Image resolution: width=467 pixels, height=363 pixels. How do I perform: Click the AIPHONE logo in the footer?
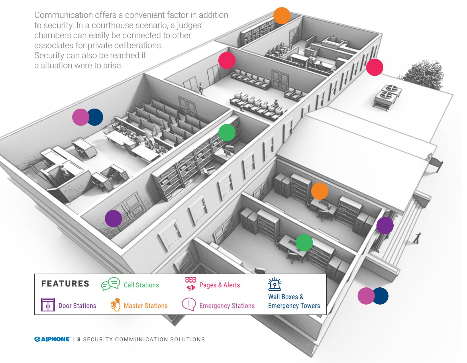(52, 339)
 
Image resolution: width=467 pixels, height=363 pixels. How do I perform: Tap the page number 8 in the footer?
(79, 339)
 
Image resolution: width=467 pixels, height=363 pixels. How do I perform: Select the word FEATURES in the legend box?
(65, 283)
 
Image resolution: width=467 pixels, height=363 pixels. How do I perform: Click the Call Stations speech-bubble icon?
(111, 284)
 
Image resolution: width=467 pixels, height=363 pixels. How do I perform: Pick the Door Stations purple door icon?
(48, 305)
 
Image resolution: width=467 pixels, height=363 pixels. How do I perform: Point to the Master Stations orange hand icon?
(116, 305)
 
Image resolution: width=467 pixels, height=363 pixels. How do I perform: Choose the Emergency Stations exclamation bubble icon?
(189, 304)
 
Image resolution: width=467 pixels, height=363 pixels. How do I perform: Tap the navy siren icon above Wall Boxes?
(275, 284)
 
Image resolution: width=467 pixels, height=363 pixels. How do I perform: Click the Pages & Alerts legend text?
(219, 285)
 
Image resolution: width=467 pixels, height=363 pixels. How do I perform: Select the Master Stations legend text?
(146, 306)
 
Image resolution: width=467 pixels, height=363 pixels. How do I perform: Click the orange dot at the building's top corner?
(282, 16)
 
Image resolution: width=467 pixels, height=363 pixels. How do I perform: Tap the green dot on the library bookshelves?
(227, 133)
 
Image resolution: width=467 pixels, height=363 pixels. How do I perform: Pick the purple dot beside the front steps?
(385, 225)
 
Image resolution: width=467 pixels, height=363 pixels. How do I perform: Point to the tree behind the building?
(422, 74)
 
